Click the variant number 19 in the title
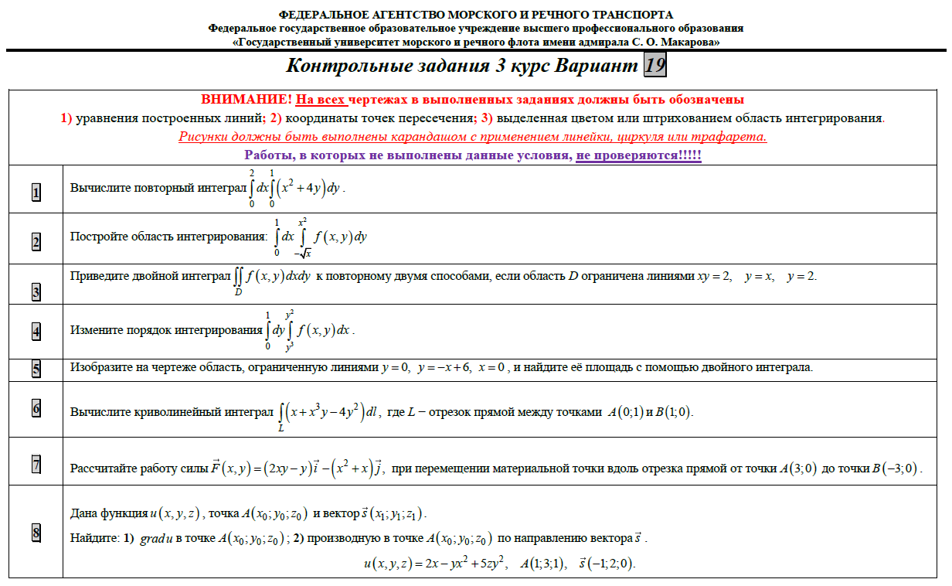pos(654,66)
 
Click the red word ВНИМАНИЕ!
pos(246,101)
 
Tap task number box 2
pos(36,242)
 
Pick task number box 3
pos(36,291)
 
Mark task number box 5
pos(36,368)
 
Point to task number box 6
pos(36,407)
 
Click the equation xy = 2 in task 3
pos(716,277)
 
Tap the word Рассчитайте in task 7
pos(103,468)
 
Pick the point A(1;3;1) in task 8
pos(543,563)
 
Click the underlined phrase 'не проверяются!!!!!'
pos(638,155)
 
